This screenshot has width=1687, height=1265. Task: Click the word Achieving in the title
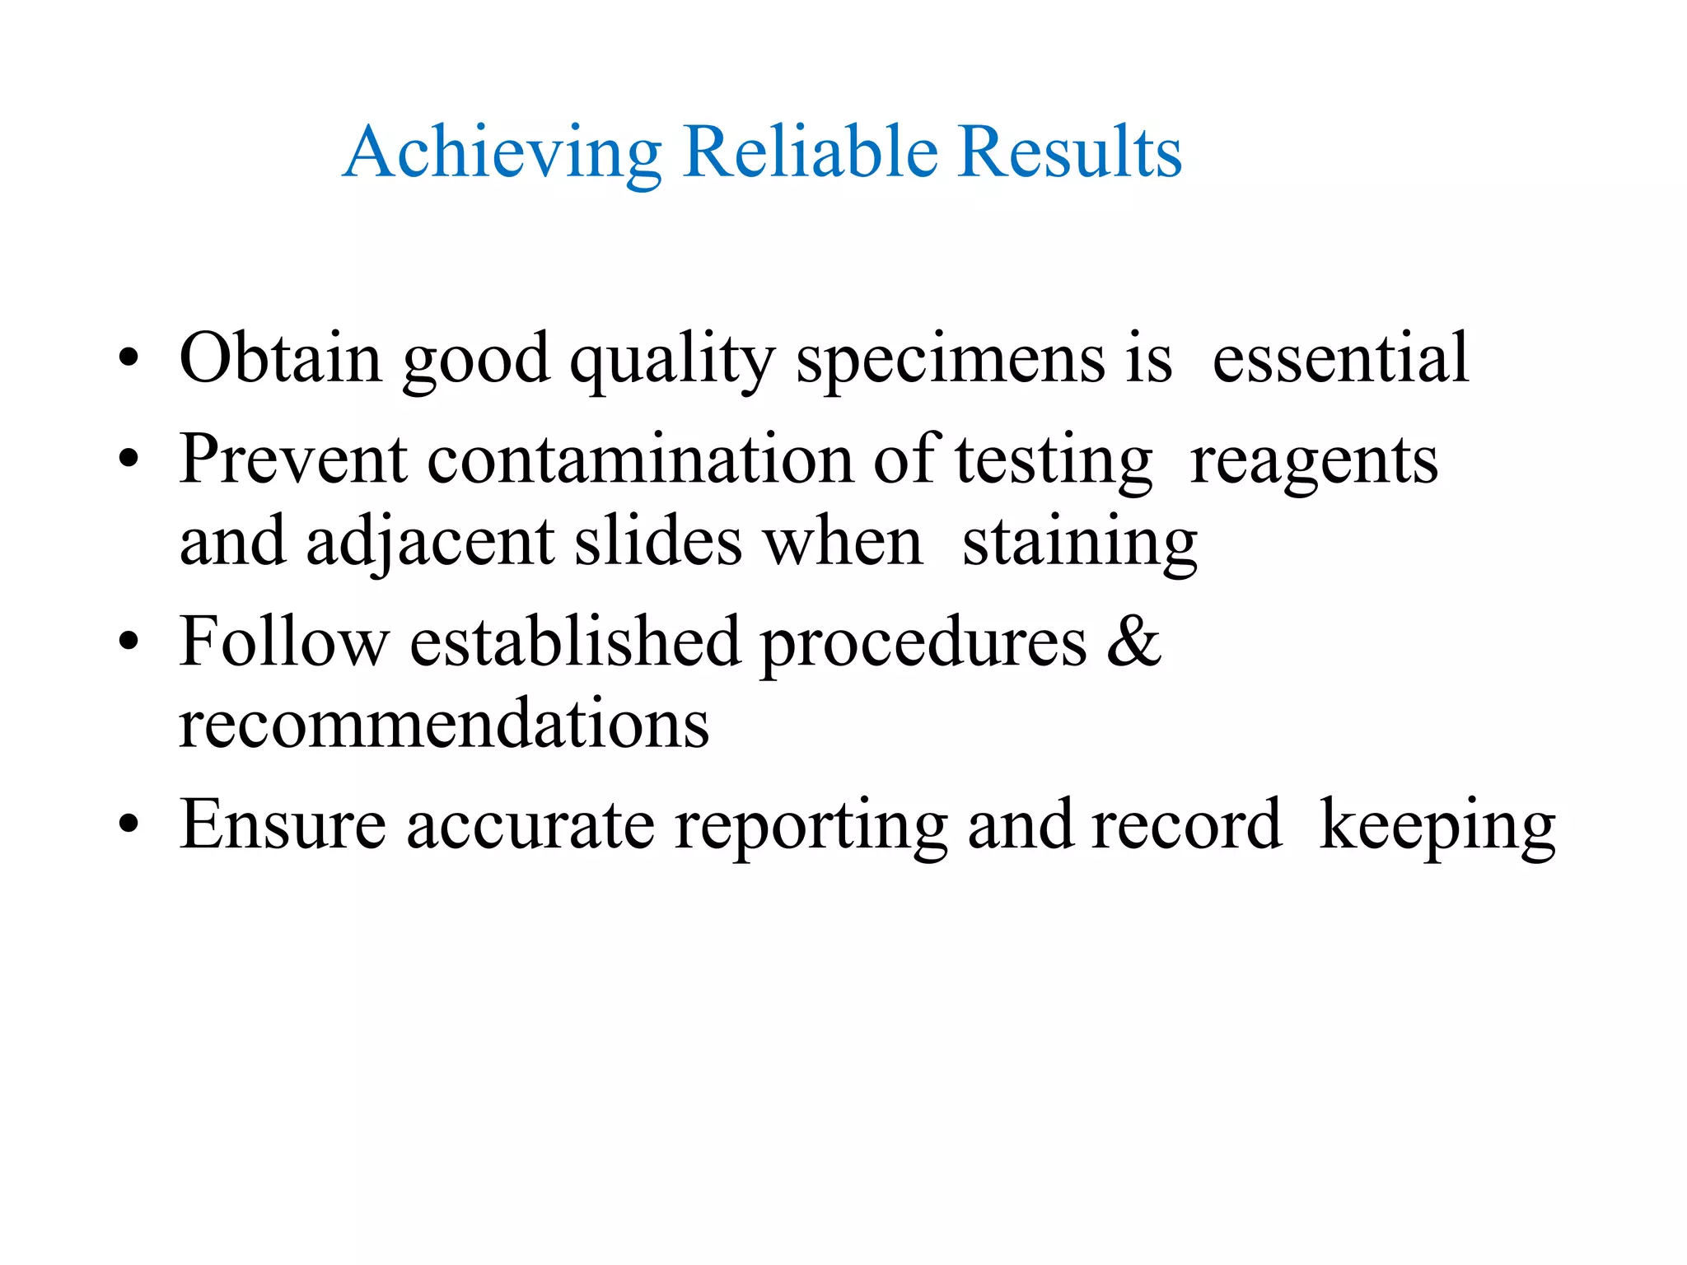click(502, 153)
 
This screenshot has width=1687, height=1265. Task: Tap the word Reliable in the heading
click(811, 152)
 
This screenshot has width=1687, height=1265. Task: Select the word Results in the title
click(1070, 152)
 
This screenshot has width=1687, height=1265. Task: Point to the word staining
click(1079, 544)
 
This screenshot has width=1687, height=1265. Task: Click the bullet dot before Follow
click(129, 643)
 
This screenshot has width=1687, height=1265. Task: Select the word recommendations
click(444, 724)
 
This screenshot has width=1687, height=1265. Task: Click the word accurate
click(530, 825)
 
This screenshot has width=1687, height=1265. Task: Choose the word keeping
click(1437, 827)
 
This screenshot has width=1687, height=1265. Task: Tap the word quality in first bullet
click(671, 360)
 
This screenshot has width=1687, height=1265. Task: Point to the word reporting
click(811, 827)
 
